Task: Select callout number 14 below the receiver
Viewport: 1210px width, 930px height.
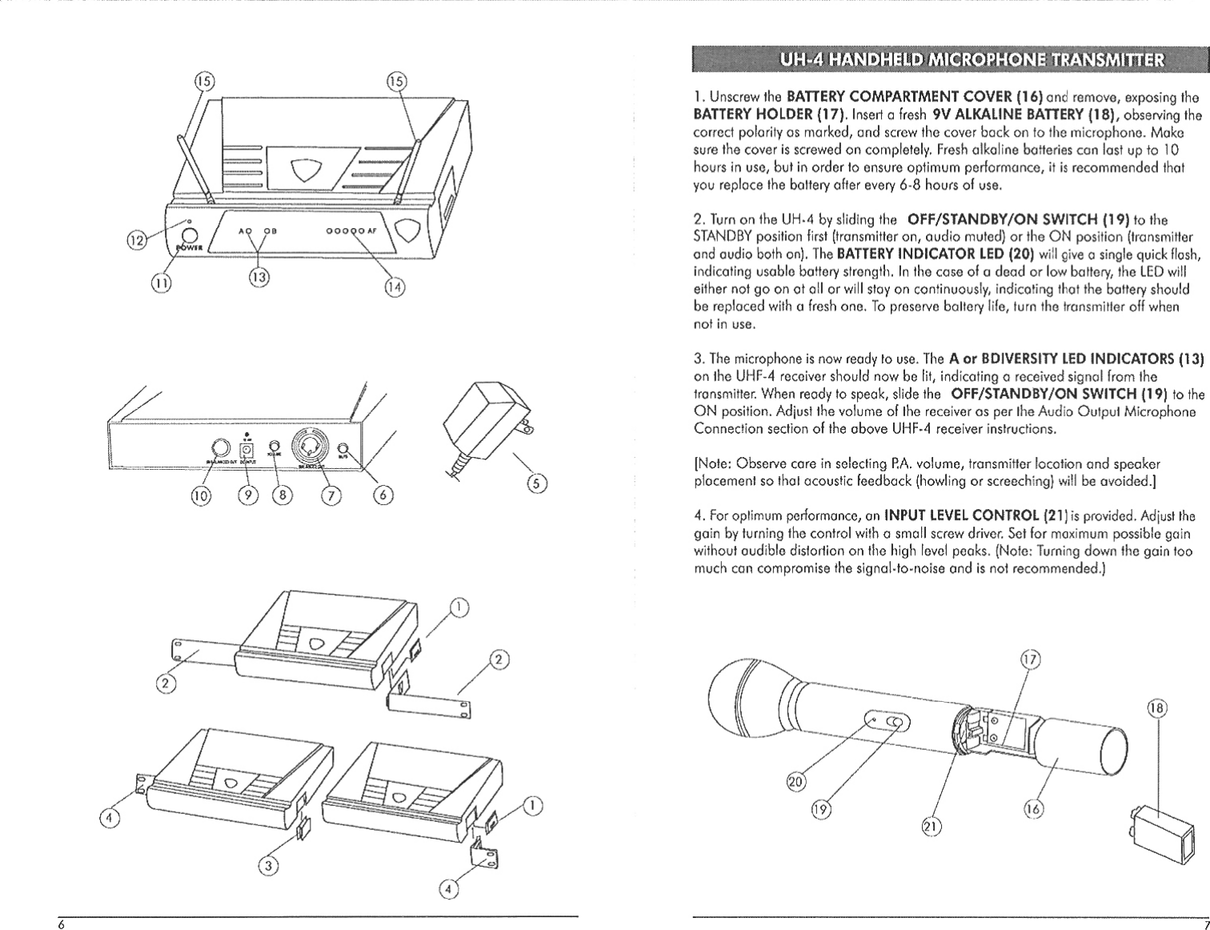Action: [x=395, y=287]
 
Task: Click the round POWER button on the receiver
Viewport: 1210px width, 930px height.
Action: [x=190, y=236]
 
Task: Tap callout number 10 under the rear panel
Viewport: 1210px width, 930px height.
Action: [x=201, y=496]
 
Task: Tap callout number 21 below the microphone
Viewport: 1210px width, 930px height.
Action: [x=932, y=826]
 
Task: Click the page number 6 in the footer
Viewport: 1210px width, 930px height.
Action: [x=61, y=923]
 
